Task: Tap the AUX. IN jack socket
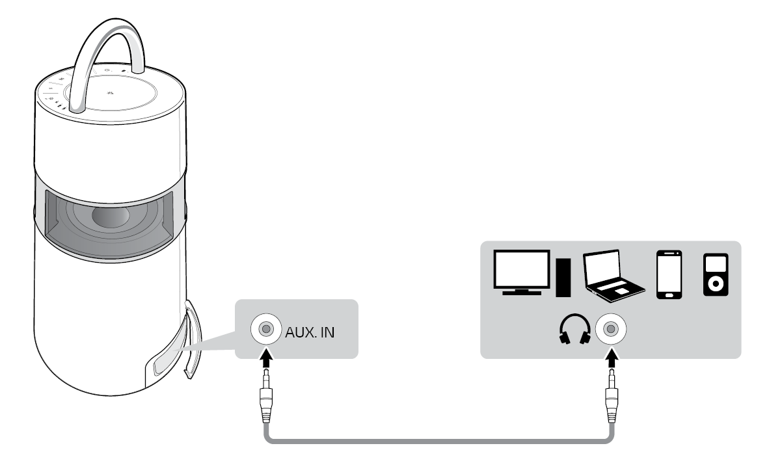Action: tap(265, 329)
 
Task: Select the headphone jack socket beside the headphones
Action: tap(610, 329)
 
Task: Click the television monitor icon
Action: tap(522, 272)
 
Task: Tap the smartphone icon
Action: tap(669, 274)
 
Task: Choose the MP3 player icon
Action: tap(716, 275)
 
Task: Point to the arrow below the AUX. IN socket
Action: tap(265, 356)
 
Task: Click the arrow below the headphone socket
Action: tap(610, 356)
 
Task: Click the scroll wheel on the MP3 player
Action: tap(716, 284)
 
